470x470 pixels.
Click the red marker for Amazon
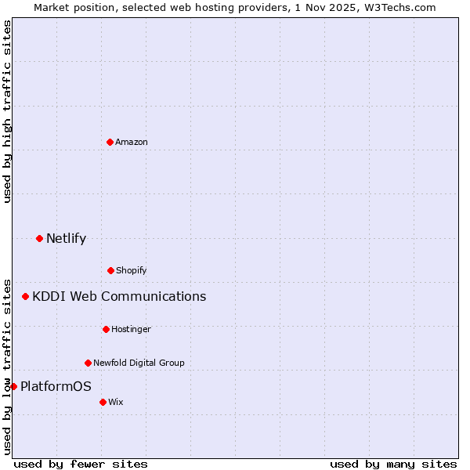pyautogui.click(x=110, y=142)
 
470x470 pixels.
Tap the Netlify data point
pyautogui.click(x=39, y=238)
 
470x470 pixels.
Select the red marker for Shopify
pyautogui.click(x=110, y=270)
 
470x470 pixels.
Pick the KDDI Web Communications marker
pyautogui.click(x=25, y=296)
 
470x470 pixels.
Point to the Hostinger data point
pyautogui.click(x=106, y=329)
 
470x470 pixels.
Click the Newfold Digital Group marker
pyautogui.click(x=88, y=363)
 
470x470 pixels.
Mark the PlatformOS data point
pyautogui.click(x=13, y=386)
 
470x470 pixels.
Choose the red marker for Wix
pyautogui.click(x=103, y=402)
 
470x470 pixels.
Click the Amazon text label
pyautogui.click(x=132, y=142)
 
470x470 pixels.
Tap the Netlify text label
pyautogui.click(x=66, y=238)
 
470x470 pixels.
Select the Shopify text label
pyautogui.click(x=132, y=270)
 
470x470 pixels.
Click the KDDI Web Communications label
pyautogui.click(x=119, y=296)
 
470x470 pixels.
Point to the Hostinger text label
pyautogui.click(x=131, y=329)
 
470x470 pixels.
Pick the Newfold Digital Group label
pyautogui.click(x=139, y=363)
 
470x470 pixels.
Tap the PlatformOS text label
pyautogui.click(x=56, y=386)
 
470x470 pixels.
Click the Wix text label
pyautogui.click(x=116, y=402)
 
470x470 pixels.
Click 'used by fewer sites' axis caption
pyautogui.click(x=81, y=464)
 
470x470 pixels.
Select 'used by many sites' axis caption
pyautogui.click(x=393, y=464)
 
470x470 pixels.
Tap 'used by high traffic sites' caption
pyautogui.click(x=7, y=111)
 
